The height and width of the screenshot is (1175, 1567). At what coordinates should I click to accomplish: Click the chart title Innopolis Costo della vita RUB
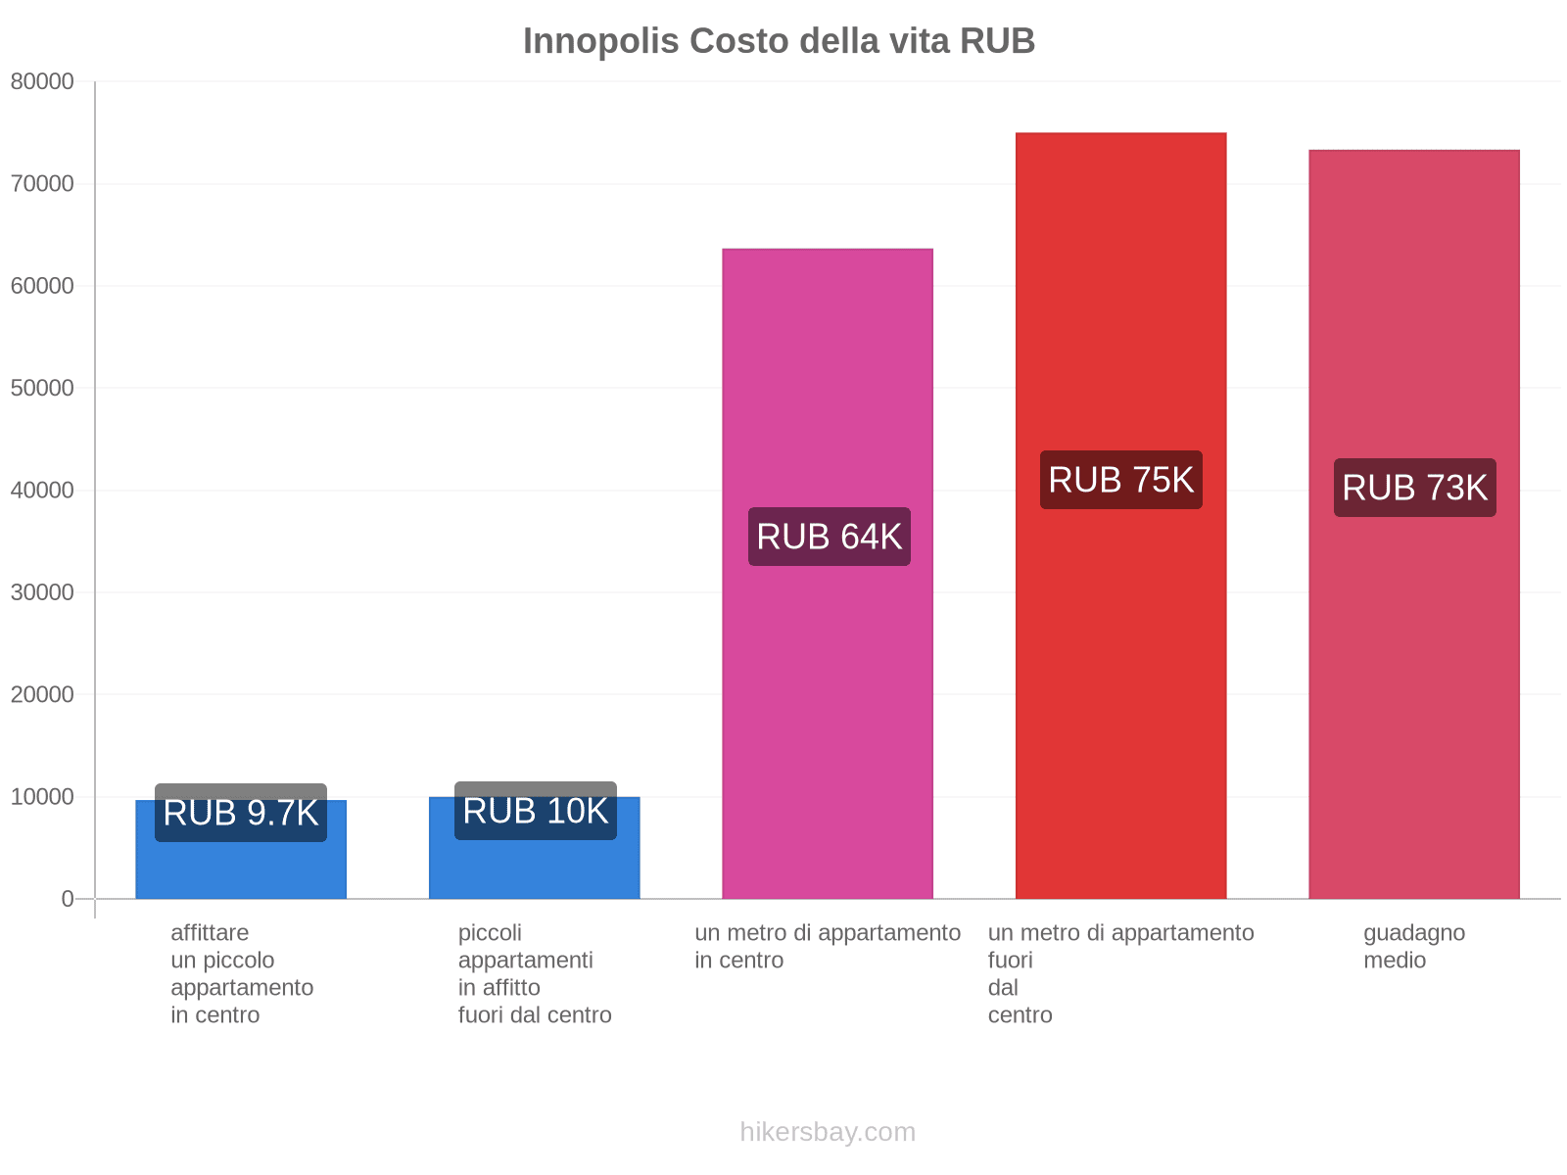779,41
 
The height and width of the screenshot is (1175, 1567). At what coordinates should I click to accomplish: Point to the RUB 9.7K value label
241,813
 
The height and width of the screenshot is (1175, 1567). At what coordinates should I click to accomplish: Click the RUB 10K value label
535,811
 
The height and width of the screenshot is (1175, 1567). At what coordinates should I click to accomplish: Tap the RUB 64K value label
829,537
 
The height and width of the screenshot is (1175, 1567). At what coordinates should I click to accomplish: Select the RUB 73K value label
1414,488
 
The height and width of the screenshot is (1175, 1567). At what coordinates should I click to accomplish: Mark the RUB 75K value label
1120,480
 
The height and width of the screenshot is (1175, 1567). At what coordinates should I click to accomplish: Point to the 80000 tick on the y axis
42,82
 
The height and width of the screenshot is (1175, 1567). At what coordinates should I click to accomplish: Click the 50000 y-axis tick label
42,389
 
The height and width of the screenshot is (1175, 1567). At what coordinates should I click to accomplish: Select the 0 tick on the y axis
67,899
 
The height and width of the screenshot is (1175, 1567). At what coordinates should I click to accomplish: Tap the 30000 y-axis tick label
42,592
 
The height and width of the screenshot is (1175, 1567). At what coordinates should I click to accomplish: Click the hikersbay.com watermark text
828,1132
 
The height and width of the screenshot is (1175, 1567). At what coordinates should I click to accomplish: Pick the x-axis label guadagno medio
1413,946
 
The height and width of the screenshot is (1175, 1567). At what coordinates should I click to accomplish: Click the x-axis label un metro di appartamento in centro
828,946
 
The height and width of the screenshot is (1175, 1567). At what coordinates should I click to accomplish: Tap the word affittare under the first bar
210,932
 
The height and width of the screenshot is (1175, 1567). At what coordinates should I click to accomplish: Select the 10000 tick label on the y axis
42,797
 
